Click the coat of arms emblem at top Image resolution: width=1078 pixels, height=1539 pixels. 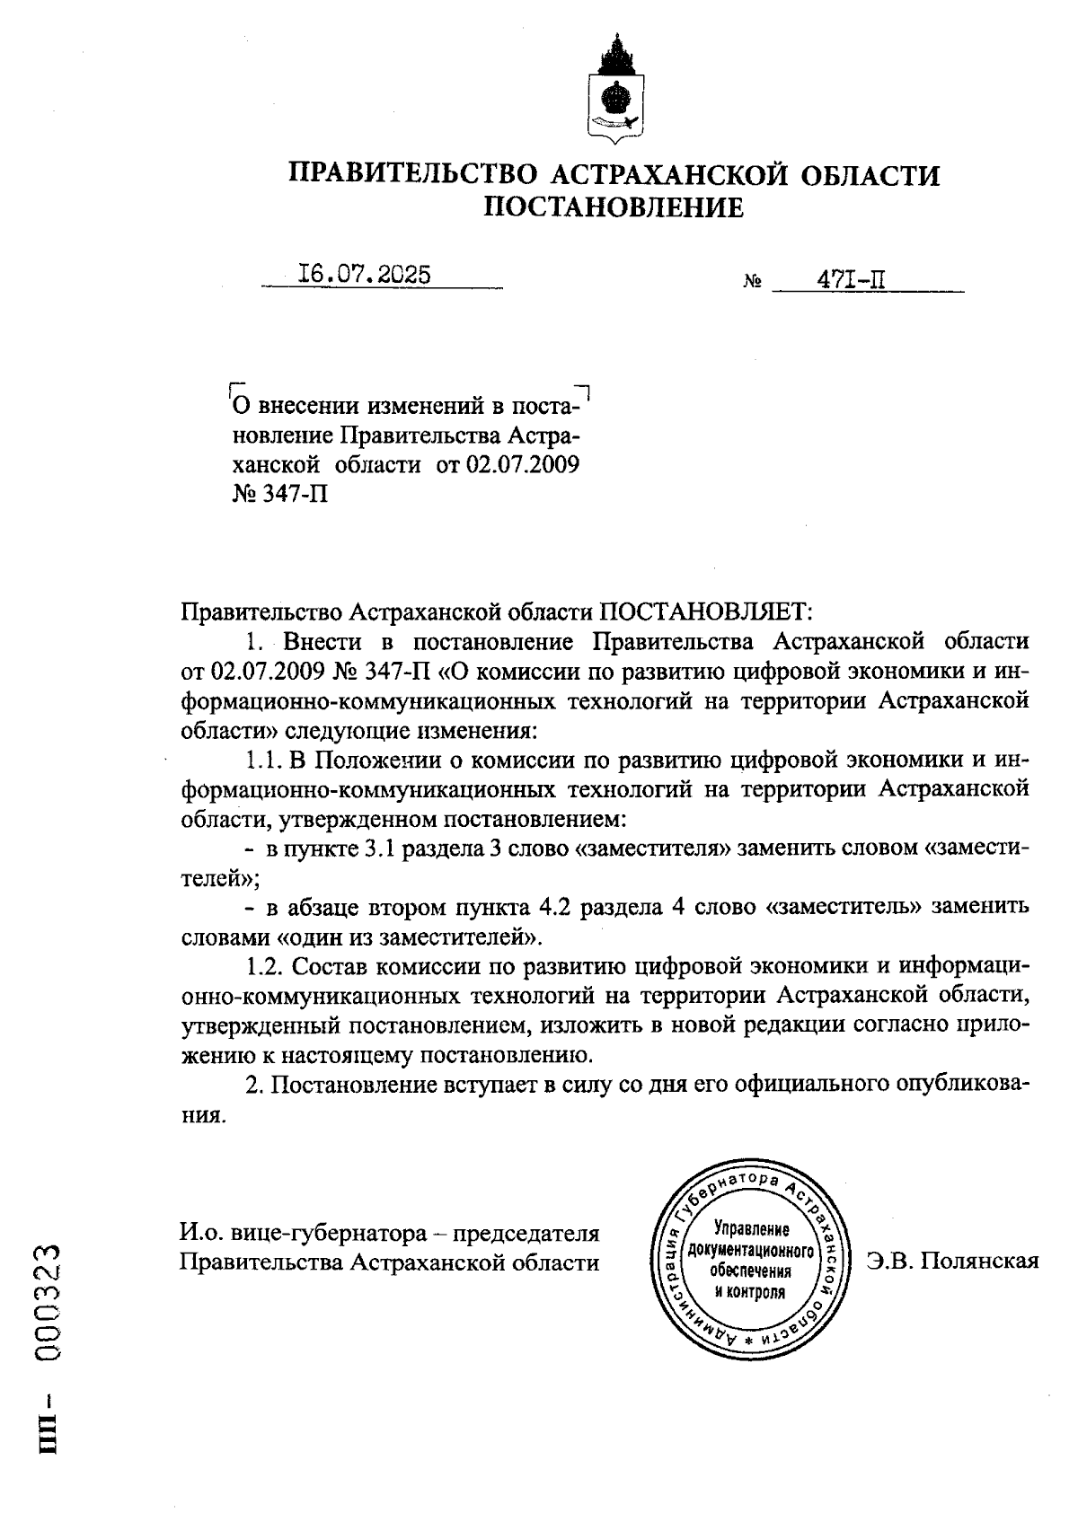[614, 90]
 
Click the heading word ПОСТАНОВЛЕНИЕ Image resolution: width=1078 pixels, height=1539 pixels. [614, 207]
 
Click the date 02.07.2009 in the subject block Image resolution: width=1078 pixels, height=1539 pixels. [523, 465]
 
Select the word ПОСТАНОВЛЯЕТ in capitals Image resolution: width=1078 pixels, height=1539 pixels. [705, 612]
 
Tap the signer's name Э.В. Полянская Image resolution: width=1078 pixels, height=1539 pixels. [952, 1261]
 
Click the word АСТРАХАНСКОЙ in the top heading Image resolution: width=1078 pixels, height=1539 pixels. [668, 174]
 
